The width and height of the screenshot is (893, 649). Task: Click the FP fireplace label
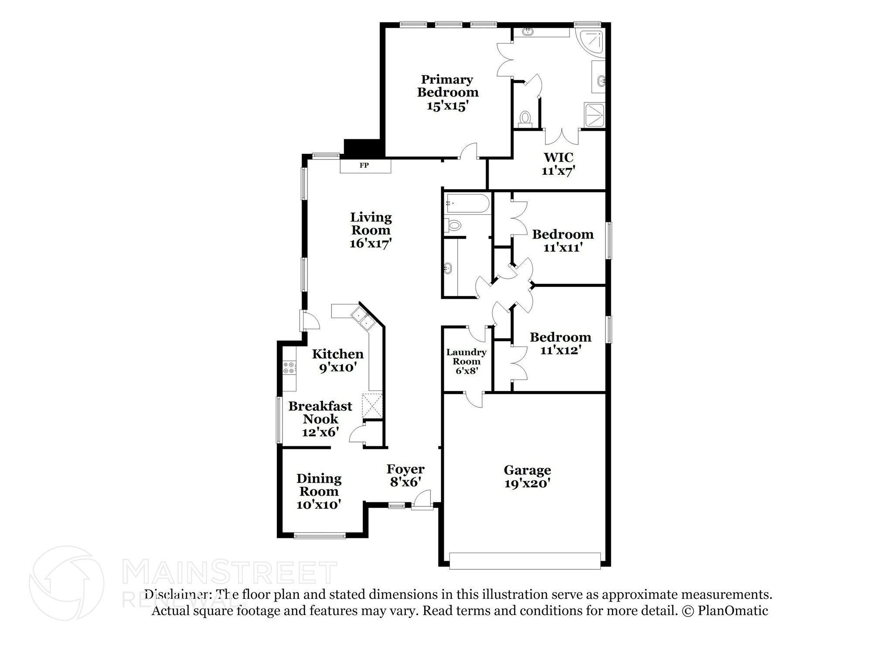click(x=364, y=166)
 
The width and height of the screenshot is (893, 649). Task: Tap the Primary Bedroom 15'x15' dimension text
click(x=447, y=106)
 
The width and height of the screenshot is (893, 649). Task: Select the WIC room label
click(x=558, y=157)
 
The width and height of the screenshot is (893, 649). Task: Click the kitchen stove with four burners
click(x=289, y=367)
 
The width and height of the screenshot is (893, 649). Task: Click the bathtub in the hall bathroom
click(x=467, y=204)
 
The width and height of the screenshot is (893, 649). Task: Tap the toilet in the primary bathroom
click(x=525, y=118)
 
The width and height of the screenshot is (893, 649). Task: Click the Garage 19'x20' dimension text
click(x=527, y=483)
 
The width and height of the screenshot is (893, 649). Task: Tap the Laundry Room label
click(x=466, y=357)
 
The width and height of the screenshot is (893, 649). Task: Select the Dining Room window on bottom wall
click(x=320, y=536)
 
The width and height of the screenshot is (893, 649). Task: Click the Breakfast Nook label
click(x=320, y=412)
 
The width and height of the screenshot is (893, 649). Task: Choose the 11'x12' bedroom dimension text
click(x=560, y=350)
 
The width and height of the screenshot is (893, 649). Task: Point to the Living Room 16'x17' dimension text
click(x=371, y=243)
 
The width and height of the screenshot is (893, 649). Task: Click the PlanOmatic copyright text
click(x=725, y=611)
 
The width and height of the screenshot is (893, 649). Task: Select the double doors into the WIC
click(x=562, y=136)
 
